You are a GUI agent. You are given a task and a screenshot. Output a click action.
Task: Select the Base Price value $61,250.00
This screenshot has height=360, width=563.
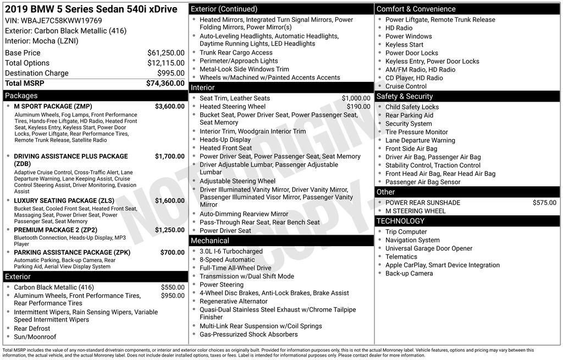tap(165, 53)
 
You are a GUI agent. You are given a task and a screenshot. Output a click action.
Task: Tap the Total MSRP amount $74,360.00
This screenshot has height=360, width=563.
tap(165, 84)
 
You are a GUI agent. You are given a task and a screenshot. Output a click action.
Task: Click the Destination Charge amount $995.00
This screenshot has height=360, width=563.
tap(170, 73)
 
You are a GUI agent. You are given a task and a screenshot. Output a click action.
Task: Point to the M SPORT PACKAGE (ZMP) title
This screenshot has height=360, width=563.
tap(53, 106)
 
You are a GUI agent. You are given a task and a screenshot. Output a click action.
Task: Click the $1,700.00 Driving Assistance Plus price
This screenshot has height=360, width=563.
tap(169, 156)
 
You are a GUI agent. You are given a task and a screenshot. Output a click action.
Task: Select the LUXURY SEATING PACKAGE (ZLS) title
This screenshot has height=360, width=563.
tap(64, 201)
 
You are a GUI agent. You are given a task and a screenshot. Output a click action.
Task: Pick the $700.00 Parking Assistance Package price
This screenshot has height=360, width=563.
tap(172, 252)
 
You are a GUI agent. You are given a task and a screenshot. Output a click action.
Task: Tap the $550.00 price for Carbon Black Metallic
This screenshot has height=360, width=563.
tap(172, 287)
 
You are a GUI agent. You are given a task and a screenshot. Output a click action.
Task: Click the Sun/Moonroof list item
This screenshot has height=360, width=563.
tap(35, 337)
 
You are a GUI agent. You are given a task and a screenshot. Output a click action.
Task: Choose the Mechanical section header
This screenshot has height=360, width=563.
tap(209, 241)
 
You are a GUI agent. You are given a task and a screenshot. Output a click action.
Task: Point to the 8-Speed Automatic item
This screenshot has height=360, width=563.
tap(227, 259)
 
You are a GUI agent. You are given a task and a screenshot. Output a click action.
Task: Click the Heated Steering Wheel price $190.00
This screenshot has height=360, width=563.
tap(358, 107)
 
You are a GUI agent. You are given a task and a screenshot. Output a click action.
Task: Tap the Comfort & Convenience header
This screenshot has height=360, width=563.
tap(416, 9)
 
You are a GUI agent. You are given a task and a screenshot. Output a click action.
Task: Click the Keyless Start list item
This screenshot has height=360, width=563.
tap(404, 45)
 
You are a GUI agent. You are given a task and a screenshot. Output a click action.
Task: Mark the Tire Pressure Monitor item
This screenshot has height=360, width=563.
tap(416, 132)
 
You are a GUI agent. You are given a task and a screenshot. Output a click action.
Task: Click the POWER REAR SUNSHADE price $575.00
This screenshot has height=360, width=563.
tap(544, 202)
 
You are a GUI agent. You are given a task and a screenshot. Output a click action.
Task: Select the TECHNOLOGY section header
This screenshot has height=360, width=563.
tap(400, 221)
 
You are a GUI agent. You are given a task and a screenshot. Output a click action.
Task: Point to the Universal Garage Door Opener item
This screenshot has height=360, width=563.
tap(428, 248)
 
